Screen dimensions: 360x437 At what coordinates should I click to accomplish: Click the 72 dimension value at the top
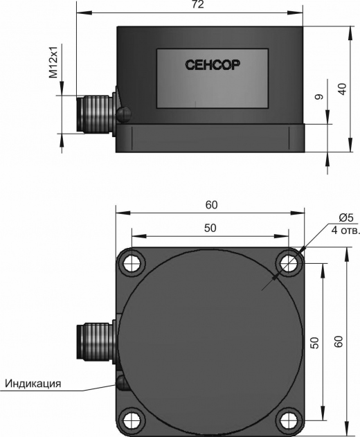198,5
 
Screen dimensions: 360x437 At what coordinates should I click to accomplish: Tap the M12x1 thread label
53,62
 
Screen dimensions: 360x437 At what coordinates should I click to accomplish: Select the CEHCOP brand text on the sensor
213,65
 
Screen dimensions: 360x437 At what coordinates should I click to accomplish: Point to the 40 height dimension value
343,89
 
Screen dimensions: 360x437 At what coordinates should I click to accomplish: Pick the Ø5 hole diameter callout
346,217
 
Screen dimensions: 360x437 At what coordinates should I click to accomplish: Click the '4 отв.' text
345,231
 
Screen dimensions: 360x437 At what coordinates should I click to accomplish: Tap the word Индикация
33,383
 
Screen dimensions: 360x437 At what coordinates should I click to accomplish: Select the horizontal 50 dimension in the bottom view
210,228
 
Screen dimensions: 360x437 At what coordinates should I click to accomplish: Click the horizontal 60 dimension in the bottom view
211,205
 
